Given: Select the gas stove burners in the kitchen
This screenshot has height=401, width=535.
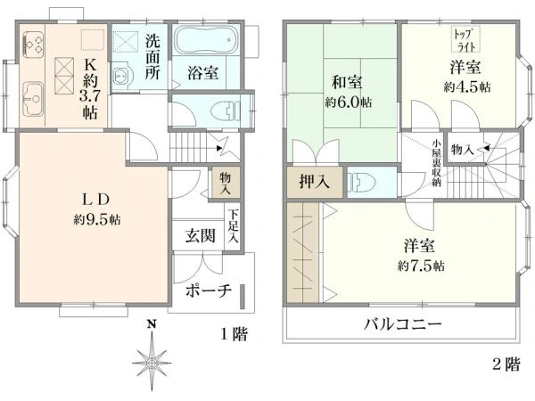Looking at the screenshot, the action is click(x=34, y=45).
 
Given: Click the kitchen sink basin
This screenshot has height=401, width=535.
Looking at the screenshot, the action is click(x=33, y=99).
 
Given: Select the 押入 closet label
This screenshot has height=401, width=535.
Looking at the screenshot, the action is click(x=314, y=181).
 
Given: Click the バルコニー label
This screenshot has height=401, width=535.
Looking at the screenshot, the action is click(x=402, y=323).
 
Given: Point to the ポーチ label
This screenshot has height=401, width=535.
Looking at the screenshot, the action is click(x=209, y=291).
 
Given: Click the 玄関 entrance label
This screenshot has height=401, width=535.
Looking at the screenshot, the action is click(x=201, y=235).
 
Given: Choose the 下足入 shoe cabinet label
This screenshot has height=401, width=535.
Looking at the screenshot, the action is click(x=233, y=225).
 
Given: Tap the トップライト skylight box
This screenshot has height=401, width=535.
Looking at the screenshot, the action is click(x=466, y=39).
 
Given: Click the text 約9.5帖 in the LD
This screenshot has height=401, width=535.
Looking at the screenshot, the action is click(x=97, y=219).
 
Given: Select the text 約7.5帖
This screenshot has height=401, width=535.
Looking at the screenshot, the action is click(x=421, y=266).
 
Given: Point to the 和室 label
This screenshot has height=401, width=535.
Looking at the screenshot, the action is click(x=348, y=83).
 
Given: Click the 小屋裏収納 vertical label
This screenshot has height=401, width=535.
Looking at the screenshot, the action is click(x=436, y=163).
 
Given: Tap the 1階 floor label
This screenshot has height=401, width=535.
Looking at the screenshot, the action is click(x=234, y=334).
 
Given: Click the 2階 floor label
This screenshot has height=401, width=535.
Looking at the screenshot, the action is click(x=506, y=364).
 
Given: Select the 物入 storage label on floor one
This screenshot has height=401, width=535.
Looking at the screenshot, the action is click(x=225, y=183).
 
